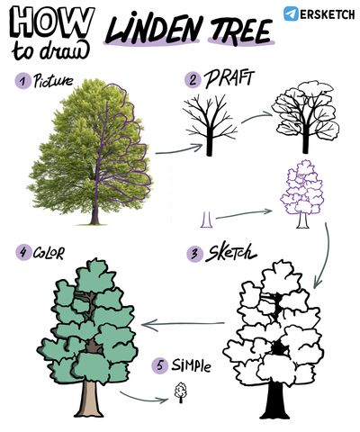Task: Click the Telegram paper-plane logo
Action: (291, 13)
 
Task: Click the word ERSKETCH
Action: (328, 14)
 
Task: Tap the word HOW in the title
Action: (51, 22)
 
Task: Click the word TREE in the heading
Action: (240, 30)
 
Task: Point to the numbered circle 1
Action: (22, 81)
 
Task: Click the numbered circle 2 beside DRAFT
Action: (193, 80)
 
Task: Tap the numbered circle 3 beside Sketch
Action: (194, 254)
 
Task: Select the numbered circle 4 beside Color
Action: (23, 252)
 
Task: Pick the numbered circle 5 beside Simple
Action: (159, 365)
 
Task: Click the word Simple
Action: (191, 365)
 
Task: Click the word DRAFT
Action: (229, 78)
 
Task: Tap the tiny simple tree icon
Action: (181, 392)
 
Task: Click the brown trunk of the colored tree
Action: (89, 399)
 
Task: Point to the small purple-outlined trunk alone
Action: (206, 220)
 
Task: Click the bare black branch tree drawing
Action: (210, 125)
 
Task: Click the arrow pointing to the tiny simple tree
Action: (144, 398)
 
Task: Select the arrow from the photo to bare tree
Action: (179, 150)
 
